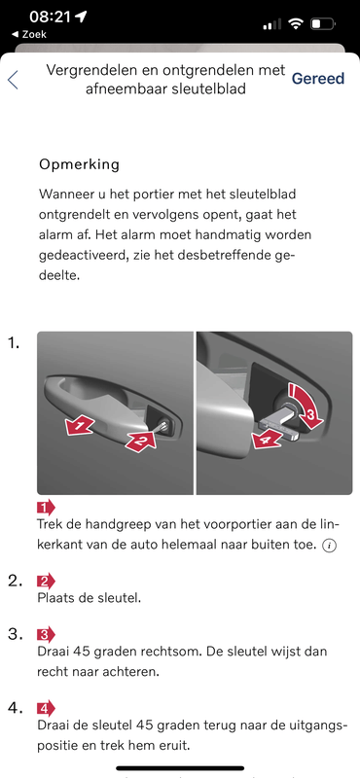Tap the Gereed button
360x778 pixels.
click(317, 78)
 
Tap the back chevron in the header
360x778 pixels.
click(13, 80)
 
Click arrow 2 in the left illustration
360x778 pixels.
click(139, 442)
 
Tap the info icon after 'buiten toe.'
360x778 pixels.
click(330, 546)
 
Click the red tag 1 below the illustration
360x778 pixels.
click(46, 507)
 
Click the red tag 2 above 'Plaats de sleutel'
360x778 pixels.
click(46, 581)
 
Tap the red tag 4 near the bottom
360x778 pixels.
click(46, 708)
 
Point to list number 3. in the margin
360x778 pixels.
click(16, 634)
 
